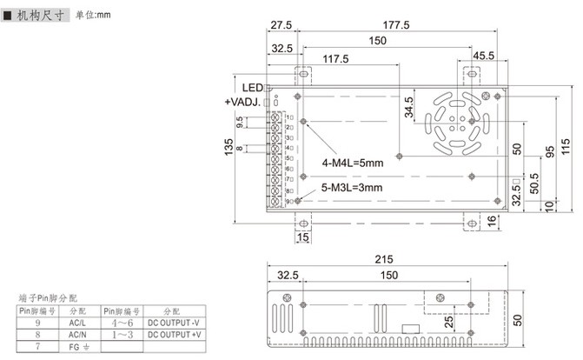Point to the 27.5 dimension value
pyautogui.click(x=280, y=24)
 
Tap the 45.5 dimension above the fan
pyautogui.click(x=483, y=57)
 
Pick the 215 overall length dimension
pyautogui.click(x=384, y=259)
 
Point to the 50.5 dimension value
pyautogui.click(x=533, y=183)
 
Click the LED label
pyautogui.click(x=252, y=88)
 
